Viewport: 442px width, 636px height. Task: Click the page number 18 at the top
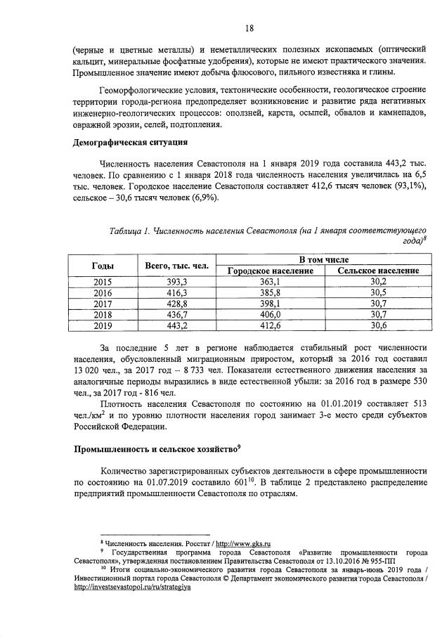click(x=249, y=28)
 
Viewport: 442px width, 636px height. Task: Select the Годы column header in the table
click(x=103, y=265)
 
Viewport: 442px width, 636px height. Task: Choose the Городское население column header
click(x=271, y=271)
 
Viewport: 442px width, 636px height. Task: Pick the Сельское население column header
click(x=379, y=271)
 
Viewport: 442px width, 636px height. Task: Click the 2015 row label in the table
click(x=103, y=282)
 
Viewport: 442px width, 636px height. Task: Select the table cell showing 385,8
click(x=271, y=293)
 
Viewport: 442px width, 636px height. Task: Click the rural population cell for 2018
click(x=379, y=315)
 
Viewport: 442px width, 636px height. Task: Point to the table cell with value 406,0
click(x=271, y=315)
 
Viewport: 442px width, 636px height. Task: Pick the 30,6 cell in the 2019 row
click(x=379, y=326)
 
